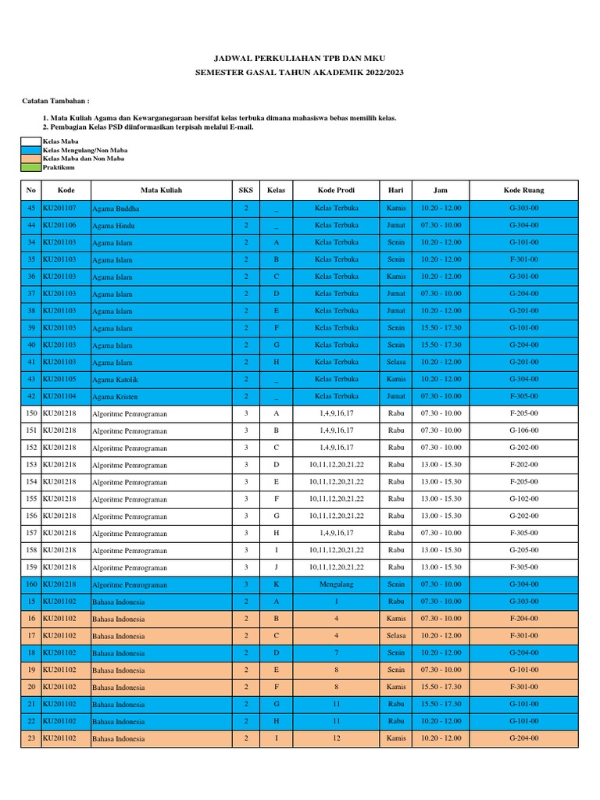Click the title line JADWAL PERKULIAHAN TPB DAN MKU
tap(300, 59)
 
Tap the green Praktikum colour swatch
tap(31, 167)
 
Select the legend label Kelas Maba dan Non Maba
tap(84, 159)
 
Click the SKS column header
tap(245, 190)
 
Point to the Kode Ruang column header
tap(523, 190)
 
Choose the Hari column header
tap(396, 190)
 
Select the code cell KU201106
tap(59, 225)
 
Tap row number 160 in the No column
tap(31, 584)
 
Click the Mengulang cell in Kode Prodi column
tap(336, 584)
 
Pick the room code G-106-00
tap(523, 430)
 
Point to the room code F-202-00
tap(523, 465)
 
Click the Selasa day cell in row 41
tap(396, 362)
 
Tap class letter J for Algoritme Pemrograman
tap(276, 567)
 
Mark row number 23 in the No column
tap(31, 738)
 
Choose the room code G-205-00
tap(523, 550)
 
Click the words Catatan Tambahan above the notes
tap(55, 102)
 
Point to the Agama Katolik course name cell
tap(114, 380)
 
